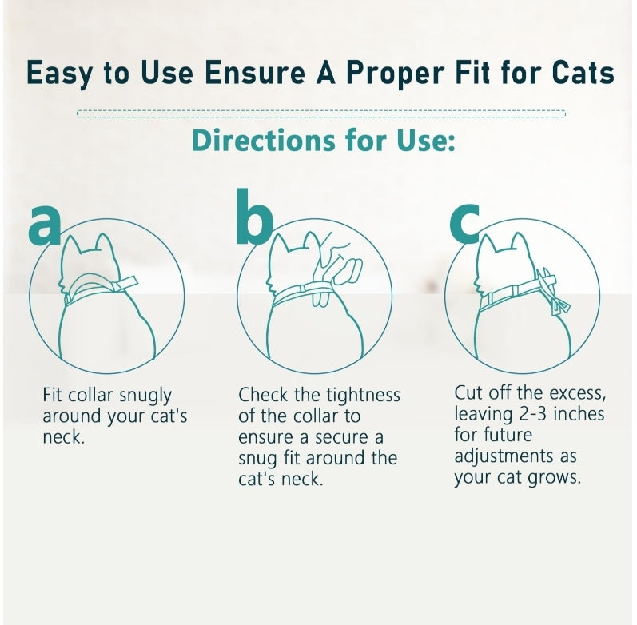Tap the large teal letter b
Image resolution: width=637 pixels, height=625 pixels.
pos(255,216)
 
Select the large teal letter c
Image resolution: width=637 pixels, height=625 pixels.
pos(464,224)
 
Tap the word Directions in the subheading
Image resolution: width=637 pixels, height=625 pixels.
pos(264,141)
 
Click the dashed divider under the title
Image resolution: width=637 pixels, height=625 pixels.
pos(321,113)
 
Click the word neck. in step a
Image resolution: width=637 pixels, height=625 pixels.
pos(63,438)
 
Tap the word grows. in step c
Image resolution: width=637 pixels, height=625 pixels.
pos(555,478)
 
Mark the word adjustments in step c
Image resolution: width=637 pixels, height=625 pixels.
pos(504,457)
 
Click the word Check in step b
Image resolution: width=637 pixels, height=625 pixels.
pos(263,395)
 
